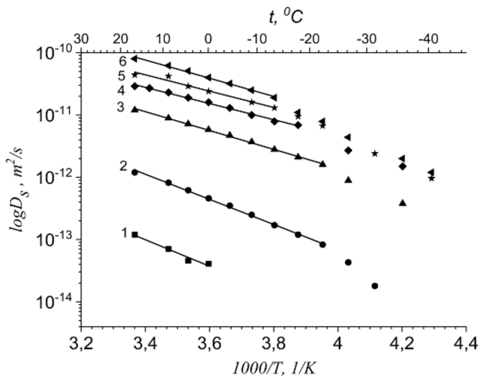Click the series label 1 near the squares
coord(124,233)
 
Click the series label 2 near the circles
coord(123,166)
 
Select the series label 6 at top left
coord(123,61)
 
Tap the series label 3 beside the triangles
coord(120,107)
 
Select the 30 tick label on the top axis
coord(81,39)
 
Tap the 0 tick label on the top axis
coord(208,39)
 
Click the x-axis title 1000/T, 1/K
coord(274,369)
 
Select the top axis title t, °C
coord(286,17)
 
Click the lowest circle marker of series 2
coord(375,286)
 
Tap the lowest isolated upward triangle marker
coord(403,203)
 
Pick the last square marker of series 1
coord(209,264)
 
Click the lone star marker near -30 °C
coord(375,153)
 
